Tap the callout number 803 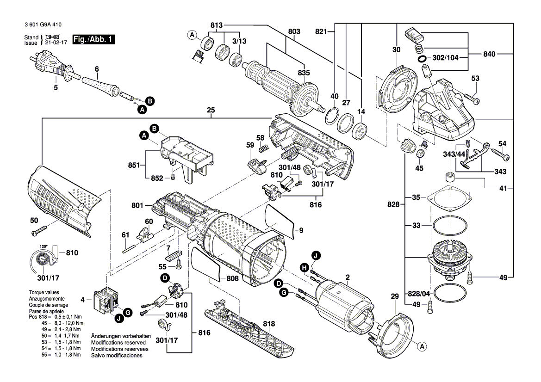(x=294, y=31)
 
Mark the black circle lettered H (x=304, y=267)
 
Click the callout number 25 (x=211, y=111)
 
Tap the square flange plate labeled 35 (x=451, y=197)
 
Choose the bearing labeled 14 (x=360, y=131)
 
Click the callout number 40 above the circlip (x=335, y=96)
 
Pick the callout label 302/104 (x=445, y=59)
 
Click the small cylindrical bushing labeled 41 (x=448, y=177)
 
